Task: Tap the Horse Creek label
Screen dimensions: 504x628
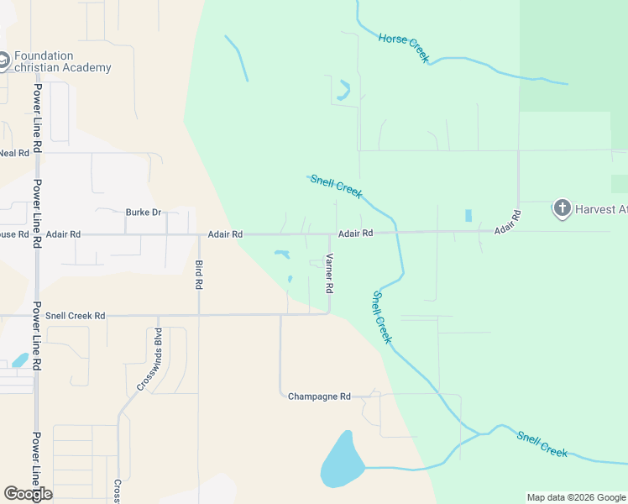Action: click(404, 47)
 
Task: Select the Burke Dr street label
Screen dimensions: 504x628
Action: click(143, 213)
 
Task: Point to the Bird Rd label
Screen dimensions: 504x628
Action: click(199, 275)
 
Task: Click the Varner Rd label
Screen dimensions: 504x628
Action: click(330, 273)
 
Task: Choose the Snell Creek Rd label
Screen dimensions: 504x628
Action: click(76, 316)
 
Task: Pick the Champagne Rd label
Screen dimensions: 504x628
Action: click(319, 396)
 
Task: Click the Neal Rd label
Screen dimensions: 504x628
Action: click(14, 153)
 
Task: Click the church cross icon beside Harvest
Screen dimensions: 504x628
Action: click(562, 208)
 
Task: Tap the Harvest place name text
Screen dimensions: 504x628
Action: click(600, 209)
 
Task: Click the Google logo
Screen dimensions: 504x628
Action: click(28, 494)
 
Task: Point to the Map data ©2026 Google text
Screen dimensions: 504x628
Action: click(576, 497)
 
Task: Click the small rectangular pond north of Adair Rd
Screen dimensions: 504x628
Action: click(468, 215)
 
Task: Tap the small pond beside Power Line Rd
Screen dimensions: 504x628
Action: click(20, 360)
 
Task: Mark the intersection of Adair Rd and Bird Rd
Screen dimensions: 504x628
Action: click(199, 234)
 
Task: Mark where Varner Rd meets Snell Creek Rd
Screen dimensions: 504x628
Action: click(328, 314)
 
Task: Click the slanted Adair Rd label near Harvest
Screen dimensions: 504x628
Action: click(508, 223)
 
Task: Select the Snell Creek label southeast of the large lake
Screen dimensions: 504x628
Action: click(542, 444)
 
